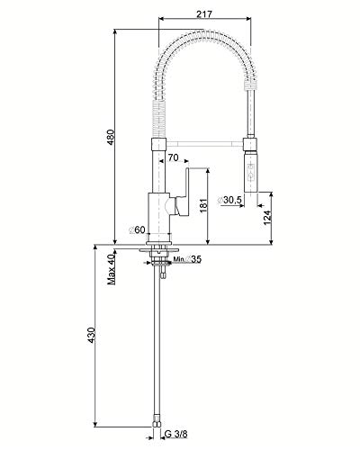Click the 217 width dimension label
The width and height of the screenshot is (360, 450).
(x=204, y=13)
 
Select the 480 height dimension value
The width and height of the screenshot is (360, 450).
(x=111, y=138)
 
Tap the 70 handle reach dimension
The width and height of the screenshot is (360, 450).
(x=173, y=157)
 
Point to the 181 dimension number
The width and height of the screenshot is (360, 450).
(x=203, y=205)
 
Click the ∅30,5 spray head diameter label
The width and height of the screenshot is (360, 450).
(x=229, y=200)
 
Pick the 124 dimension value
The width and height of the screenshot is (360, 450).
(x=267, y=218)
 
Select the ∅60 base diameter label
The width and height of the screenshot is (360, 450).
(x=137, y=229)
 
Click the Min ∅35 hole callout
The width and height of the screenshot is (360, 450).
(x=187, y=259)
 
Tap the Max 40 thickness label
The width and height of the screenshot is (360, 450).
(x=112, y=269)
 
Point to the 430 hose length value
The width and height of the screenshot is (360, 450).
(x=91, y=336)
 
